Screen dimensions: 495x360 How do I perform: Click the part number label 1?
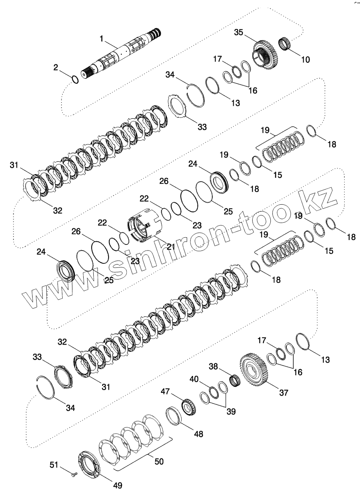point(102,39)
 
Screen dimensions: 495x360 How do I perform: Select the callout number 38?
point(213,366)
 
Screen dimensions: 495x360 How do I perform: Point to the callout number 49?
point(117,485)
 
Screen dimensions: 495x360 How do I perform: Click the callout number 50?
point(159,462)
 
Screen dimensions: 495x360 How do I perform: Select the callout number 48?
point(198,434)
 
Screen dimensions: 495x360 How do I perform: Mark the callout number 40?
point(194,379)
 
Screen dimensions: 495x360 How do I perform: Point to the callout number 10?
point(305,60)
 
